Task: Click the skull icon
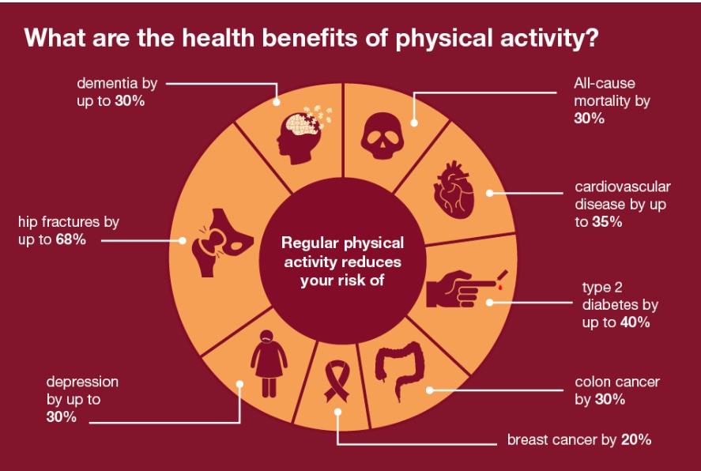point(383,135)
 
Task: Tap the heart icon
point(454,190)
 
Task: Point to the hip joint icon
point(222,243)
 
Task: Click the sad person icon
point(269,364)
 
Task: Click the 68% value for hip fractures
point(70,239)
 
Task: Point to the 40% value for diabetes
point(635,322)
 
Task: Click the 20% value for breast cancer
point(636,439)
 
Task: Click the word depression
point(82,382)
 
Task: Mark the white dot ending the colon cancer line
point(430,390)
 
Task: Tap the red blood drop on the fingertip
point(500,288)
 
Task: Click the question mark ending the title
point(591,38)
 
